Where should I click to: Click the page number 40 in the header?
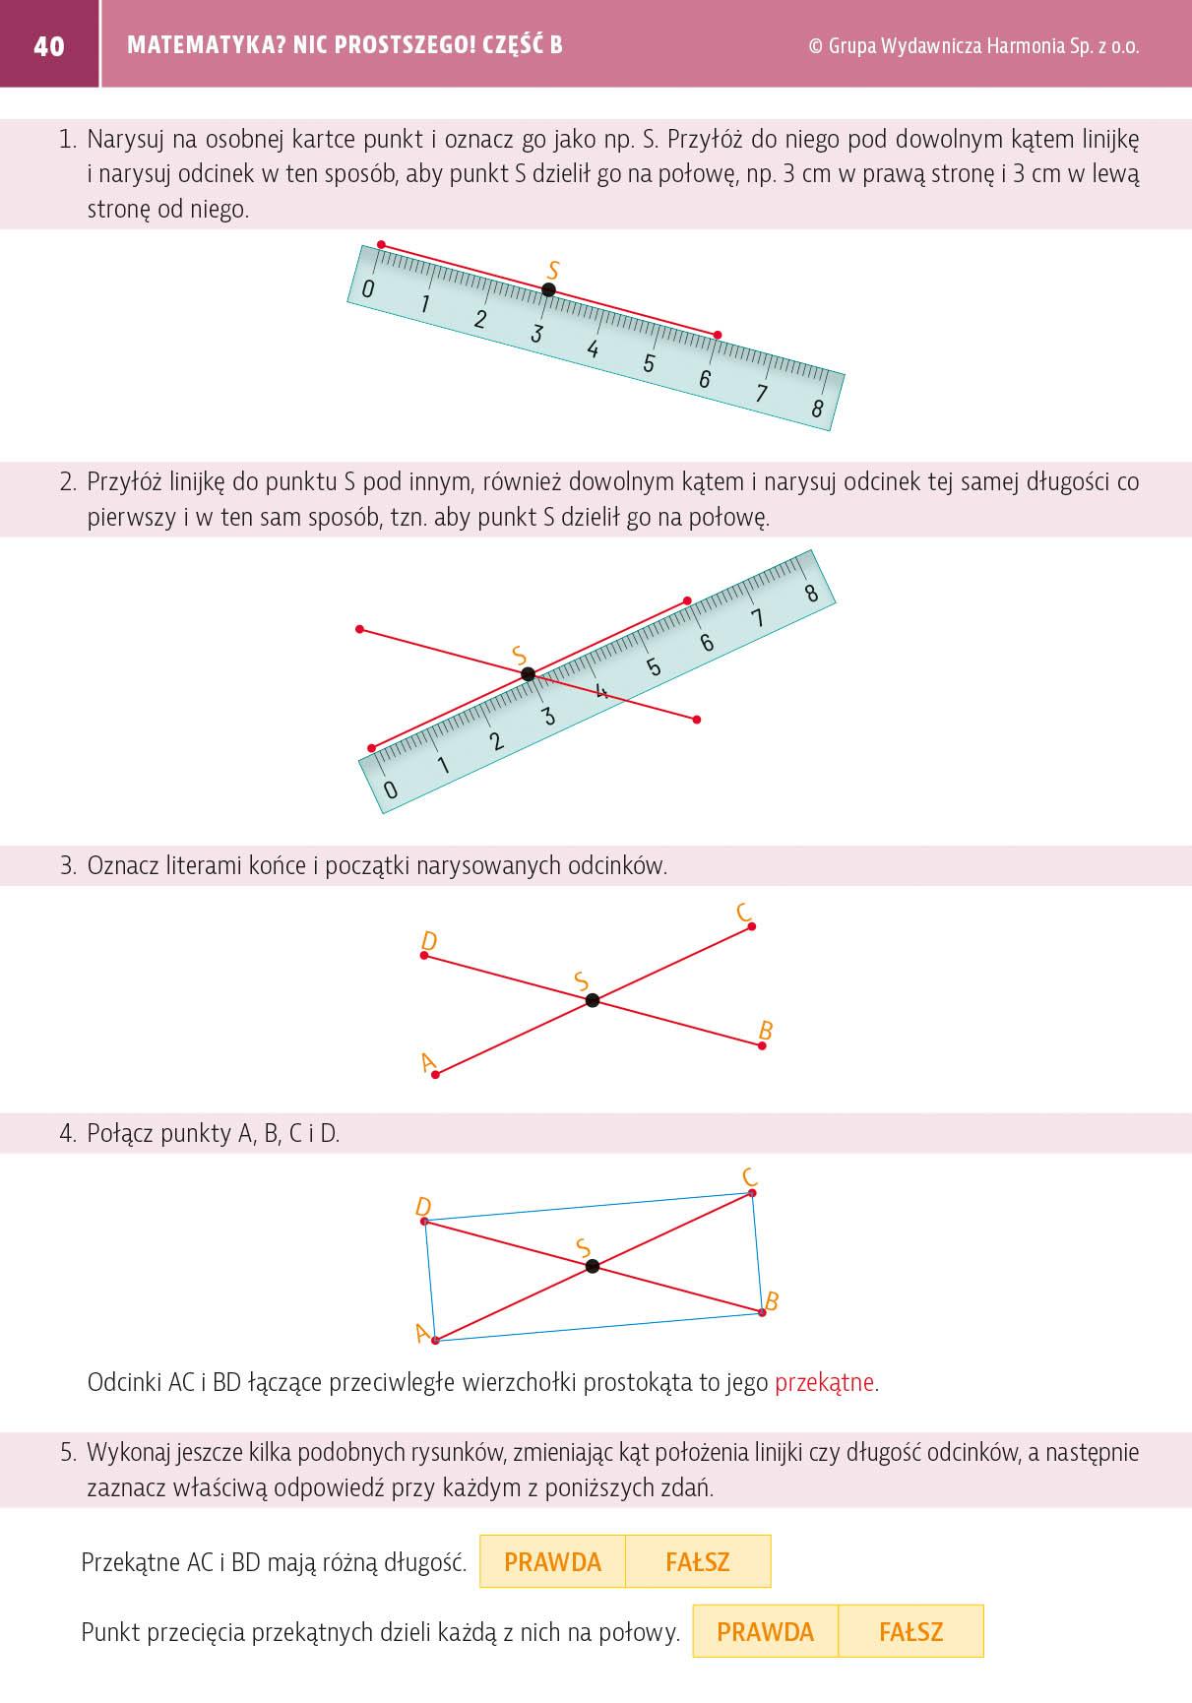(x=48, y=46)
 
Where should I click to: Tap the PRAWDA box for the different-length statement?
(x=552, y=1561)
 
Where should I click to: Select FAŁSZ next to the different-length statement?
(x=698, y=1561)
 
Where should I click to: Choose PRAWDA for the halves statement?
(x=765, y=1631)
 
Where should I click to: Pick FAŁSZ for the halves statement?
(x=910, y=1631)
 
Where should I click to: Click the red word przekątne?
(x=824, y=1382)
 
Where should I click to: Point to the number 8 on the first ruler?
(x=817, y=409)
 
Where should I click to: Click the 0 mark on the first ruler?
(x=368, y=289)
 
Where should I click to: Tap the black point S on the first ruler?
(x=548, y=289)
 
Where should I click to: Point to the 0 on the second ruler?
(x=390, y=789)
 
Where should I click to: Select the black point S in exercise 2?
(x=528, y=674)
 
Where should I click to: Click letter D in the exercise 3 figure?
(x=428, y=942)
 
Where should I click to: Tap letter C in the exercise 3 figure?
(x=744, y=913)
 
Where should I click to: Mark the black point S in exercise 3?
(x=592, y=1000)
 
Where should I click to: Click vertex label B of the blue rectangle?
(x=772, y=1301)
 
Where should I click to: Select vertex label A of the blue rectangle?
(x=423, y=1333)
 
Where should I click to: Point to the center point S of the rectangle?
(x=592, y=1266)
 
